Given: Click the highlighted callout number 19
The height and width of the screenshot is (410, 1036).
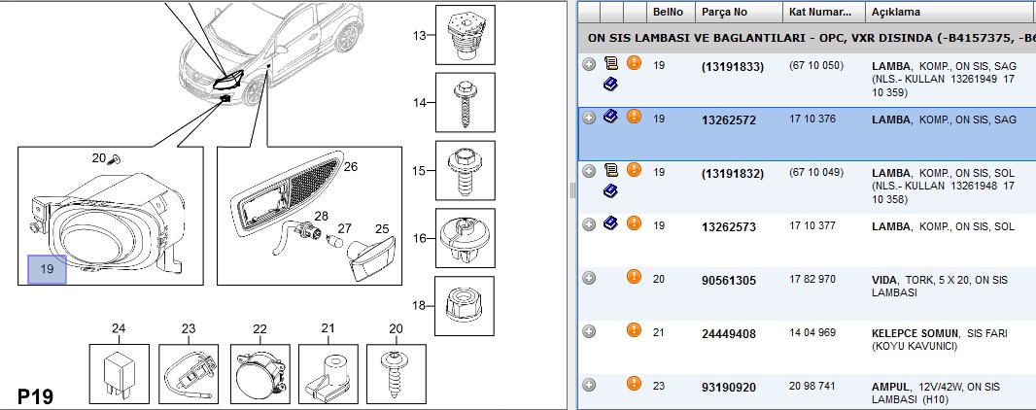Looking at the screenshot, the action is click(x=47, y=269).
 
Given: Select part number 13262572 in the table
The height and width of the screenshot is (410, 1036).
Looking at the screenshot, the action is click(x=728, y=120).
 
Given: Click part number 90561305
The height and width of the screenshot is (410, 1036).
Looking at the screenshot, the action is click(x=728, y=281).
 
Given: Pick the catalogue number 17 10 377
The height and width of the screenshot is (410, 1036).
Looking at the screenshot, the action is click(x=812, y=225).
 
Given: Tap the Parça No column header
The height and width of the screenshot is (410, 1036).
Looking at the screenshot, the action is click(x=724, y=12).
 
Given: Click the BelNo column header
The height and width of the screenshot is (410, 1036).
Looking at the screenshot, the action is click(x=668, y=12).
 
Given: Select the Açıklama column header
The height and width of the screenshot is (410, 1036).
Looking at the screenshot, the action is click(x=895, y=12).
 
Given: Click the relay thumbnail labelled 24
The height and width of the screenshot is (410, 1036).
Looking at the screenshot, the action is click(x=119, y=373).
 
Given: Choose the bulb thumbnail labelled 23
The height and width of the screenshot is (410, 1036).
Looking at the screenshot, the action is click(x=189, y=373).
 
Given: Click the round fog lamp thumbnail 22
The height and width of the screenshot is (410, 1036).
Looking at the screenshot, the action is click(x=259, y=373).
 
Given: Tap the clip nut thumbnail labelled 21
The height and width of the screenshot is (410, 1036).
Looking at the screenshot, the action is click(x=328, y=373).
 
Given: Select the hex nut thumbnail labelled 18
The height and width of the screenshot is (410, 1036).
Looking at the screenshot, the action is click(x=465, y=306).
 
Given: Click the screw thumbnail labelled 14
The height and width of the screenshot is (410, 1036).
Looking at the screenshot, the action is click(x=465, y=102).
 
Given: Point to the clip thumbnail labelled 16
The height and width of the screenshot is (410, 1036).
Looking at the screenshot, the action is click(x=465, y=238).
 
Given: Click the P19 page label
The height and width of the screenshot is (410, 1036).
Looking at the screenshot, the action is click(x=35, y=396).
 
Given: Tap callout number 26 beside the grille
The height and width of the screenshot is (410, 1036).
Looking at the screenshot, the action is click(x=350, y=167).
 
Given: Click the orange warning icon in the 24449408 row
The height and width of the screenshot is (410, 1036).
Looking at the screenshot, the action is click(x=634, y=329).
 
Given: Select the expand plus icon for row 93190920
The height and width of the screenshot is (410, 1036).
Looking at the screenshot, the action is click(x=589, y=385).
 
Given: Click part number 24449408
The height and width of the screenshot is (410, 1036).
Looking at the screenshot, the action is click(x=728, y=334).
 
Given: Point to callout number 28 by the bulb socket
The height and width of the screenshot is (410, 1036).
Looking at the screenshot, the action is click(x=321, y=216).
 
